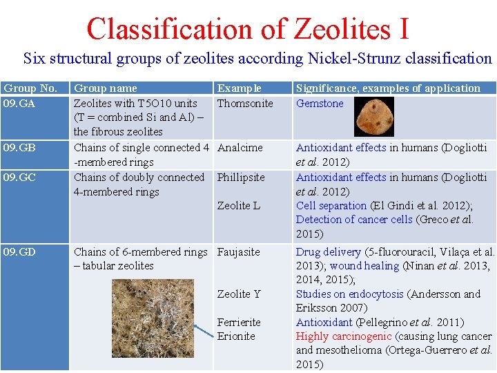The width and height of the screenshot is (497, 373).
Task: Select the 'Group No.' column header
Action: click(30, 88)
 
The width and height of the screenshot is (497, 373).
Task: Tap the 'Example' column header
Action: click(240, 88)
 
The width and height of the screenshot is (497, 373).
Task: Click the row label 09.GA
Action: click(20, 104)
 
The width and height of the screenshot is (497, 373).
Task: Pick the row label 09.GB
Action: click(20, 148)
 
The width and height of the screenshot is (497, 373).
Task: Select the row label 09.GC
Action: click(20, 178)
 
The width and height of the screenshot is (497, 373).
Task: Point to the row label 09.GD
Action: click(20, 252)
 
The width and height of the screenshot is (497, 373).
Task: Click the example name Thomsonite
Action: click(245, 104)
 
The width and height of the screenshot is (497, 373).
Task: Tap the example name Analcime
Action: click(240, 148)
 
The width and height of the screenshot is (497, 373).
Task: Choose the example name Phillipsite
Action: click(241, 178)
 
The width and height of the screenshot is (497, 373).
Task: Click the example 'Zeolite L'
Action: click(239, 206)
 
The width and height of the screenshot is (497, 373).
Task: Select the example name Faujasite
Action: click(239, 252)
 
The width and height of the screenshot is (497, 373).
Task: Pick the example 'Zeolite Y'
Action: click(239, 294)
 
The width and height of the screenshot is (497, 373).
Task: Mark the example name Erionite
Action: click(236, 336)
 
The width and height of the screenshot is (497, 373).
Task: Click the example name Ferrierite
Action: click(239, 323)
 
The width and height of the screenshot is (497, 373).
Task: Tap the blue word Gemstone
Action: click(320, 104)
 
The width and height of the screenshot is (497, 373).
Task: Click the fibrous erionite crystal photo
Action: click(141, 322)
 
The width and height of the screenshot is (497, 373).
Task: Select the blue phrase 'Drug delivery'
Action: click(329, 252)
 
